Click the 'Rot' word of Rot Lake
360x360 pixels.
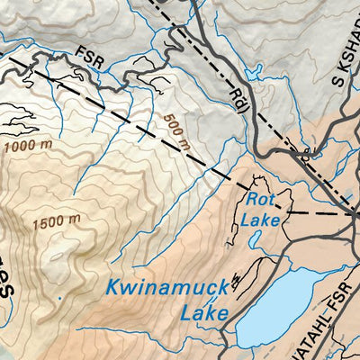click(x=260, y=200)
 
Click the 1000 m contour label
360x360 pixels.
click(x=27, y=144)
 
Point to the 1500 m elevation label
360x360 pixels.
click(x=56, y=221)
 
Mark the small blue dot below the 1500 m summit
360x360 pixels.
click(x=60, y=298)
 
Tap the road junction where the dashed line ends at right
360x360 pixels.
click(x=354, y=215)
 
